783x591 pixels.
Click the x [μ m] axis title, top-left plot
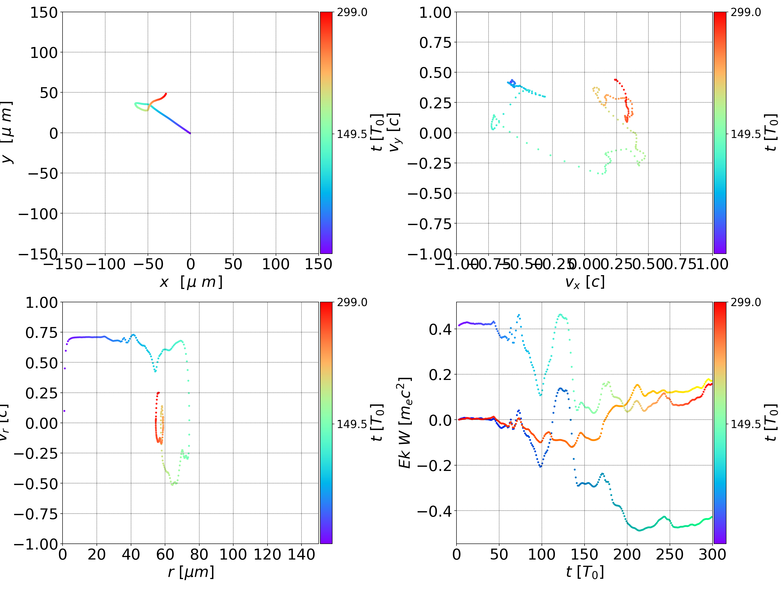tap(191, 282)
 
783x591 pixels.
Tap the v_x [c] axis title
tap(585, 282)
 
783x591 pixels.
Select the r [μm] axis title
tap(191, 572)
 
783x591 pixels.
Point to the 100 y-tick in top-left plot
tap(43, 53)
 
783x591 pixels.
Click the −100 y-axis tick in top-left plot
tap(38, 214)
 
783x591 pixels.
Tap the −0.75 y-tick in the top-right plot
tap(430, 224)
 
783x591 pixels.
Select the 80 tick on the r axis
tap(199, 554)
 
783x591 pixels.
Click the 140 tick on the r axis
tap(301, 554)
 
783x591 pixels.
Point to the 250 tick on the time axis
tap(670, 554)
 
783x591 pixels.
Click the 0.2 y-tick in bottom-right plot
tap(441, 375)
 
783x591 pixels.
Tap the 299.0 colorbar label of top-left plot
tap(352, 12)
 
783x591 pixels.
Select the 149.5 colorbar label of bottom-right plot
tap(745, 424)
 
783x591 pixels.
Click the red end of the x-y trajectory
tap(166, 94)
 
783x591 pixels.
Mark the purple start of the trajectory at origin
tap(190, 133)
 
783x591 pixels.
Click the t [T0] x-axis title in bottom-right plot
tap(585, 572)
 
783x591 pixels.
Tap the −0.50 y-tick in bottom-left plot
tap(36, 484)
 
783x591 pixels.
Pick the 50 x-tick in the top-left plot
tap(233, 264)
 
